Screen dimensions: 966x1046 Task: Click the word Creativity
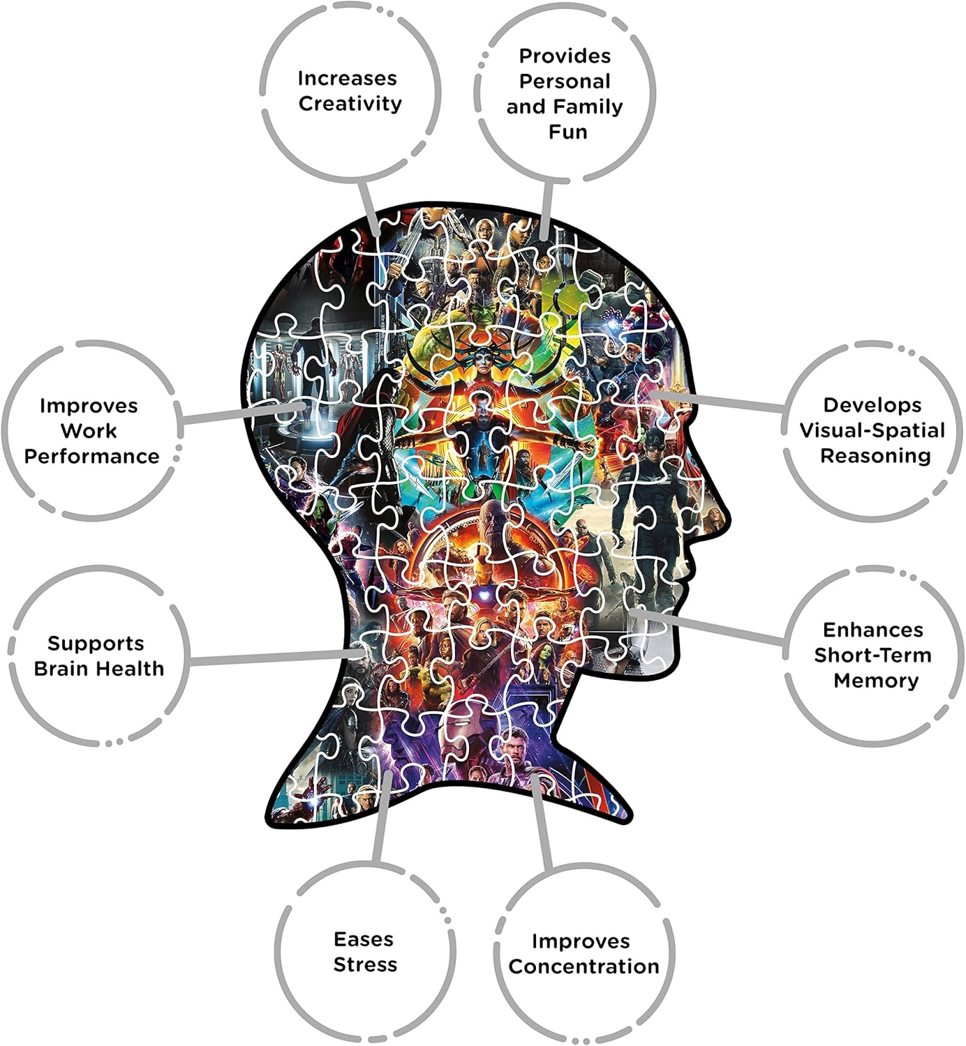tap(350, 104)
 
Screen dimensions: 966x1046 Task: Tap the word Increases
tap(347, 79)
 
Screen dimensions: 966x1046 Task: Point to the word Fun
tap(568, 132)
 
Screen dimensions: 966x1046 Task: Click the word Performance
tap(91, 456)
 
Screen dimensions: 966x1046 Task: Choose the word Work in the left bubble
tap(89, 431)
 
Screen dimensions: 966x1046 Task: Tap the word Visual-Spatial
tap(872, 430)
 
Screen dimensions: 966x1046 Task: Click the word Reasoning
tap(875, 456)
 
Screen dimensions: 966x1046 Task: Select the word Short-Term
tap(872, 655)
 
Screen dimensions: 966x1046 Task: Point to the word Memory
tap(876, 681)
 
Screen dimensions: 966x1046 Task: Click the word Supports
tap(96, 644)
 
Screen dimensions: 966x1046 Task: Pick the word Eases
tap(364, 939)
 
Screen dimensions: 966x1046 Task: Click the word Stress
tap(366, 965)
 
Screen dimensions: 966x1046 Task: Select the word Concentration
tap(584, 967)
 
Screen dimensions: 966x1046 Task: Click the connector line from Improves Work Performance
tap(243, 414)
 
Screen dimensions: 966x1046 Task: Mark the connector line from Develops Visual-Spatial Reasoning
tap(717, 400)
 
